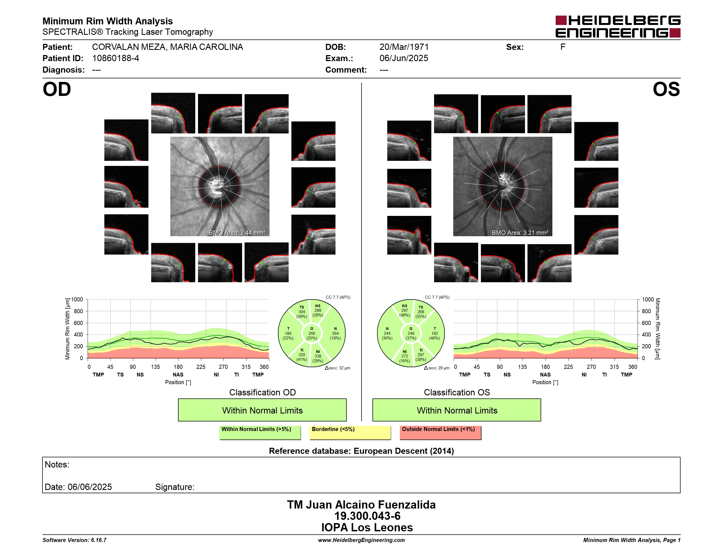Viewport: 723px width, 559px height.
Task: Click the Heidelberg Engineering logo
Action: (x=618, y=27)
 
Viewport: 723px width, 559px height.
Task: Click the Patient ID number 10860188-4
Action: (x=116, y=58)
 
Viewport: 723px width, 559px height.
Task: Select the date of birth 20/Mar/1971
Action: (x=404, y=47)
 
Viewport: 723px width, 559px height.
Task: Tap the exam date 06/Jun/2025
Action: (x=404, y=58)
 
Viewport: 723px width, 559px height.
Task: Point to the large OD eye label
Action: (x=57, y=89)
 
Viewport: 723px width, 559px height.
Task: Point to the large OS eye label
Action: (x=666, y=89)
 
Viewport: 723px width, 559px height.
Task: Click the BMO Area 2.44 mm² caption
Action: (x=237, y=233)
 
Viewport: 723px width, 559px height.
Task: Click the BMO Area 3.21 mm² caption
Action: (x=520, y=233)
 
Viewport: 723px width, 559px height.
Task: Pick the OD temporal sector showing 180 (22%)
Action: (x=288, y=333)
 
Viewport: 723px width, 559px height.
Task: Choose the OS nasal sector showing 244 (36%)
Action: (x=387, y=333)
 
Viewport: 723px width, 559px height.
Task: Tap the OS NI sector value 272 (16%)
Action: (x=404, y=356)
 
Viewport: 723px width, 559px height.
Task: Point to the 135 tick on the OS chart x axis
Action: (x=522, y=367)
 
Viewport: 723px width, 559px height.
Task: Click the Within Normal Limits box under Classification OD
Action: (x=262, y=410)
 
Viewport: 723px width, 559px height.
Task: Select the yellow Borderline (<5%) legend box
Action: (x=350, y=432)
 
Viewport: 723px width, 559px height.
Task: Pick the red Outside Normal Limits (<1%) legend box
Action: (x=440, y=432)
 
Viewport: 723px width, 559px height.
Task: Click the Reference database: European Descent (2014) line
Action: (x=361, y=451)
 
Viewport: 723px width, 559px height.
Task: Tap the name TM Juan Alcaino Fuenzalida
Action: (x=361, y=505)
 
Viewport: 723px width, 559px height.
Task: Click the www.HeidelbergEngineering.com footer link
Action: (x=361, y=540)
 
